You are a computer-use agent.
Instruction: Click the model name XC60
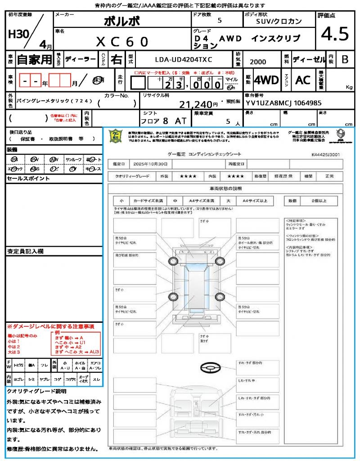[x=122, y=42]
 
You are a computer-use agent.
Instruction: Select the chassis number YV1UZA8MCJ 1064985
[x=283, y=103]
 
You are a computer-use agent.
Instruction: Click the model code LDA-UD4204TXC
[x=184, y=59]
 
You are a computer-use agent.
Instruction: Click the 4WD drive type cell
[x=266, y=80]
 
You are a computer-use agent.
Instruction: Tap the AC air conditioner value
[x=303, y=80]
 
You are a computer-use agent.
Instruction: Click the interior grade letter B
[x=345, y=59]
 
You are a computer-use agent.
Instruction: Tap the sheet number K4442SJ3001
[x=325, y=154]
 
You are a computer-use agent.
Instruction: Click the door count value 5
[x=219, y=21]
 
